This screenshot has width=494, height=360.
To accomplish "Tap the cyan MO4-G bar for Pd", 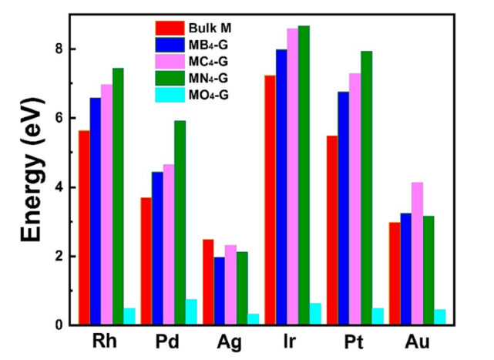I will (191, 312).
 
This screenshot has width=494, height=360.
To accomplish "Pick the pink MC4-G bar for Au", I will (417, 254).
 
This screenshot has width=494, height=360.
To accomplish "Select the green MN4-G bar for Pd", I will (180, 223).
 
